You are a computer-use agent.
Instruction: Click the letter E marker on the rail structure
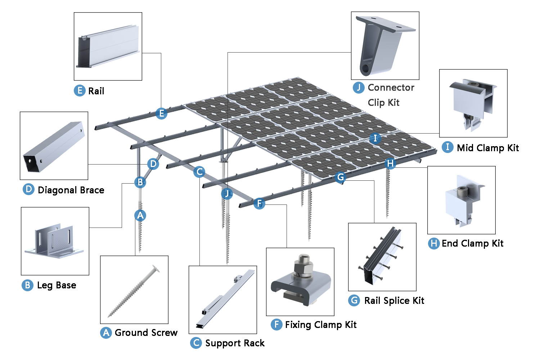click(x=161, y=114)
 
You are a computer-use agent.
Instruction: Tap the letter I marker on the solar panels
click(x=375, y=138)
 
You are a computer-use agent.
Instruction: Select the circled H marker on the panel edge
click(x=390, y=164)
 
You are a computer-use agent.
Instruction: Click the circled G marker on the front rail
click(x=340, y=177)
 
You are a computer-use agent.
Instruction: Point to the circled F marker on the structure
click(x=259, y=204)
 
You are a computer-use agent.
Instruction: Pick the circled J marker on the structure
click(x=227, y=194)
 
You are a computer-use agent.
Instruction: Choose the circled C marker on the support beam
click(x=199, y=172)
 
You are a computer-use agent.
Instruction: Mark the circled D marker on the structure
click(x=153, y=164)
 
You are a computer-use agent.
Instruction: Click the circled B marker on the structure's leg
click(x=140, y=183)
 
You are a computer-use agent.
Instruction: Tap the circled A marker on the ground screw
click(x=140, y=216)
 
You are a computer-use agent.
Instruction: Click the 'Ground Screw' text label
click(x=146, y=333)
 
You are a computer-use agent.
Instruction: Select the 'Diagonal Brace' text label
click(x=71, y=190)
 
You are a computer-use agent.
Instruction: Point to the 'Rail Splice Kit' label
click(x=394, y=301)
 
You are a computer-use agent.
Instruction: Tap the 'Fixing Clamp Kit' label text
click(x=320, y=325)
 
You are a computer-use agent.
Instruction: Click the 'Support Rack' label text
click(x=235, y=343)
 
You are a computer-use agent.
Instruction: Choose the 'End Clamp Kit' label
click(x=472, y=244)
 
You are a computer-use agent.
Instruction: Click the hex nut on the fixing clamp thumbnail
click(x=302, y=269)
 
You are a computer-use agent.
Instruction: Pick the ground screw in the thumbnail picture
click(x=134, y=291)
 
